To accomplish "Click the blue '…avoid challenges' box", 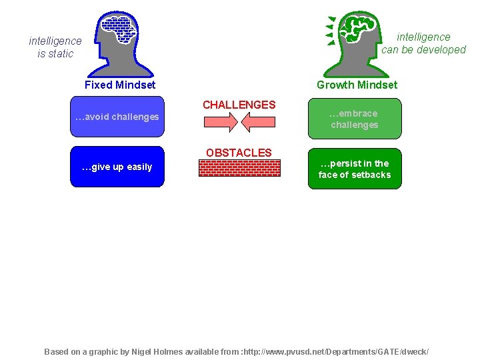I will [x=117, y=117].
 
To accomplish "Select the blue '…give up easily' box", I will [x=117, y=167].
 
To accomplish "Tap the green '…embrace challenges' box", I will [x=355, y=119].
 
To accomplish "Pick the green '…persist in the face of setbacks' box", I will [x=355, y=169].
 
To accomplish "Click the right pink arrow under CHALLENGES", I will [x=259, y=123].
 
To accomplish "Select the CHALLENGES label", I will [x=239, y=105].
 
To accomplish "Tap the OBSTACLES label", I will [x=239, y=153].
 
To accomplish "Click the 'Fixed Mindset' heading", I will [x=120, y=85].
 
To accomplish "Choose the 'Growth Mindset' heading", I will [x=357, y=85].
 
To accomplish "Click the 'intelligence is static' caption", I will [x=55, y=47].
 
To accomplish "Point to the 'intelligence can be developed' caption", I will [x=423, y=43].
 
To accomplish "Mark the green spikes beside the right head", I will [x=330, y=31].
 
